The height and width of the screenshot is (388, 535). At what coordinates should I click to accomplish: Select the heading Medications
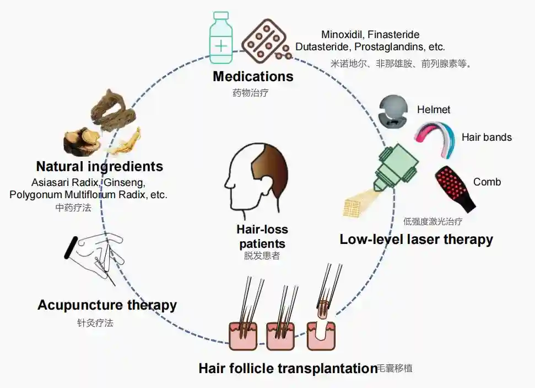[253, 76]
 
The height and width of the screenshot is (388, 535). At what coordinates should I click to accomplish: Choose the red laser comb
[455, 187]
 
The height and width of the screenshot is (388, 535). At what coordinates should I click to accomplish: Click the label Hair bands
[487, 137]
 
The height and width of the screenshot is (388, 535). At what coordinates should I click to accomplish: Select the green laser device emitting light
[397, 166]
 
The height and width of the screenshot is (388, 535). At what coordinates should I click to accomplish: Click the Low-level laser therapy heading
[416, 239]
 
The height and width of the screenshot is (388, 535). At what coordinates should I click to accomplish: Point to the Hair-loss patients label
[262, 236]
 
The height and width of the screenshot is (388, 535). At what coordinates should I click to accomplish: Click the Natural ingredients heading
[100, 166]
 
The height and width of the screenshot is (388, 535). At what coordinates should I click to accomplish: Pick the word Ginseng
[127, 182]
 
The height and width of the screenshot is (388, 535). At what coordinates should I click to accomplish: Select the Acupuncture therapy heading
[107, 305]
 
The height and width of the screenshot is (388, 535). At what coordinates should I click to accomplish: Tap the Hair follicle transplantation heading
[288, 368]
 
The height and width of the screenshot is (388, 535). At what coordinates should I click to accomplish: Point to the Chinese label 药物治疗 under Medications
[250, 92]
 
